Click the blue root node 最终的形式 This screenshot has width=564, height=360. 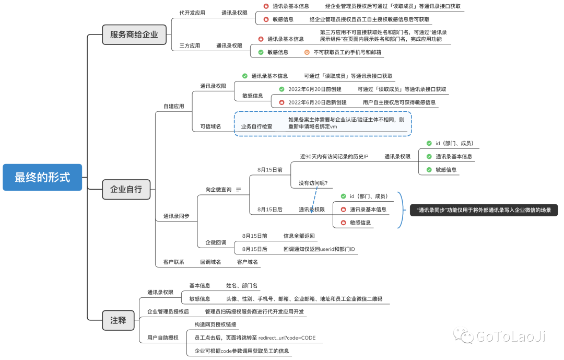pyautogui.click(x=42, y=177)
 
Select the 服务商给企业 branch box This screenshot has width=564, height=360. pyautogui.click(x=134, y=35)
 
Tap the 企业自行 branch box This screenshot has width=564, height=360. pyautogui.click(x=126, y=189)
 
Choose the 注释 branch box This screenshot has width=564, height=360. pyautogui.click(x=118, y=320)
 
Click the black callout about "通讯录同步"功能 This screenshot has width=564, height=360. pyautogui.click(x=484, y=210)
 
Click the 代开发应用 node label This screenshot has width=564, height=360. pyautogui.click(x=192, y=13)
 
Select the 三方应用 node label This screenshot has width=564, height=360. pyautogui.click(x=190, y=46)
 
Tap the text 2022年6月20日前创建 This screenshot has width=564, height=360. pyautogui.click(x=314, y=89)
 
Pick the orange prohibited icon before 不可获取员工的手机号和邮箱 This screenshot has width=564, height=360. pyautogui.click(x=307, y=52)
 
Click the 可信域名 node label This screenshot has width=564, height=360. pyautogui.click(x=210, y=126)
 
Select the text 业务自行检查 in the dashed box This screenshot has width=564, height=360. pyautogui.click(x=256, y=126)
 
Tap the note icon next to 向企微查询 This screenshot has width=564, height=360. pyautogui.click(x=239, y=190)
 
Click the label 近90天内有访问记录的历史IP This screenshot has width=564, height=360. pyautogui.click(x=334, y=156)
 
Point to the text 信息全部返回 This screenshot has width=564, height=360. pyautogui.click(x=299, y=236)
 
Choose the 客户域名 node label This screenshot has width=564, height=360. pyautogui.click(x=248, y=262)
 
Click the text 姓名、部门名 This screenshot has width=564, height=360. pyautogui.click(x=242, y=286)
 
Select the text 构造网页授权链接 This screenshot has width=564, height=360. pyautogui.click(x=215, y=324)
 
